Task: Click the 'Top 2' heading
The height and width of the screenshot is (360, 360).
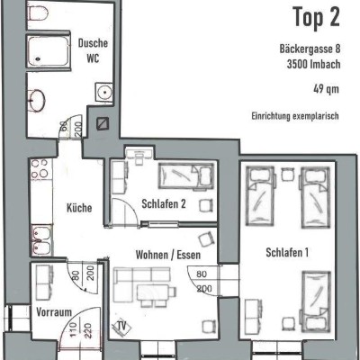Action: (x=317, y=17)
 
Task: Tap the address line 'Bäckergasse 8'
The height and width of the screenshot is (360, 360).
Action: (x=310, y=49)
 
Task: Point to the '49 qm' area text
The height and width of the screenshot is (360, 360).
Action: (x=326, y=89)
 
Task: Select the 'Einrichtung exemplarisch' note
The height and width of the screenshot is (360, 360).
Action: (x=295, y=116)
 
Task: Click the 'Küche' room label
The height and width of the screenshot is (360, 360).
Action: (x=79, y=208)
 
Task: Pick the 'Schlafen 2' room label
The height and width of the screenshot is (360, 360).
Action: (x=164, y=204)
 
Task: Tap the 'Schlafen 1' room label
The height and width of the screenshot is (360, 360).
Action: (x=287, y=253)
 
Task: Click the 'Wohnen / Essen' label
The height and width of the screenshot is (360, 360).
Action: (x=168, y=255)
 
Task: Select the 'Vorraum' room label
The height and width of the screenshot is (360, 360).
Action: (x=54, y=312)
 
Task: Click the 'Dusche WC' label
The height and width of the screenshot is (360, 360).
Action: (x=93, y=50)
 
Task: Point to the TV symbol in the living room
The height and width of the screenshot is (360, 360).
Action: (x=121, y=326)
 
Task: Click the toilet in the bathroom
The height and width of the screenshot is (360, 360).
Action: (x=38, y=12)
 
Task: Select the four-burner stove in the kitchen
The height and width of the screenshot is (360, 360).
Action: (x=40, y=168)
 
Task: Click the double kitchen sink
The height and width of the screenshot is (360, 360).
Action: (x=41, y=239)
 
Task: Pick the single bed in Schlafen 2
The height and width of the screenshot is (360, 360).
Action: (x=186, y=175)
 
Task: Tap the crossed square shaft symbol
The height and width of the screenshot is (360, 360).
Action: (x=103, y=123)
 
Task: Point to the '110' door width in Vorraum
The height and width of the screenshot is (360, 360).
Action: (x=74, y=329)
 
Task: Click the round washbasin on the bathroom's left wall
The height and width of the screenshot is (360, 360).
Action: (x=37, y=101)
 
